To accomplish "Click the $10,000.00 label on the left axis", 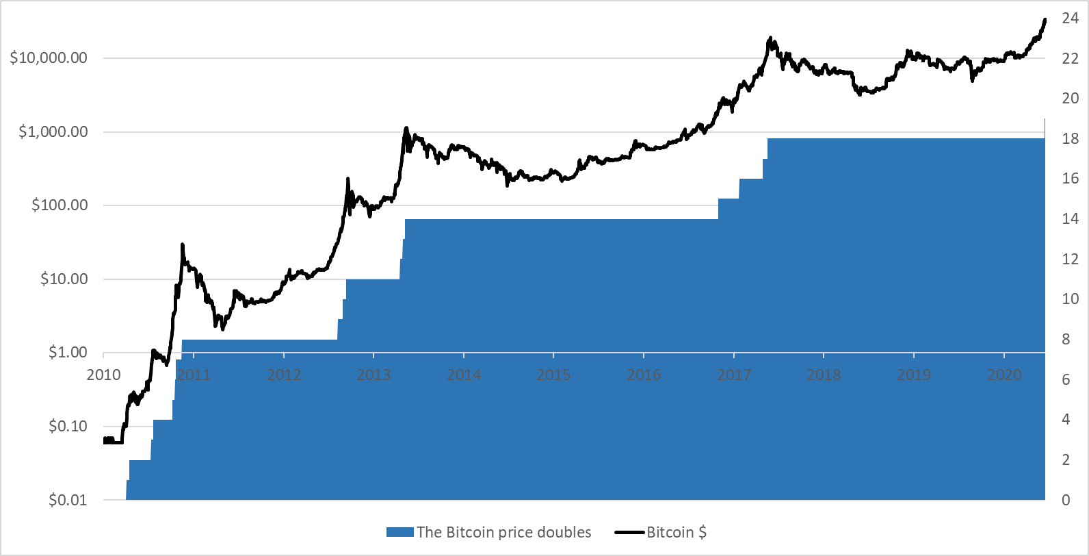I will [x=49, y=58].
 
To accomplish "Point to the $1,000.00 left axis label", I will [x=53, y=131].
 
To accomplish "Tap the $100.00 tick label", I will [x=60, y=205].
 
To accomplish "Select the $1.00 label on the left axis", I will [x=68, y=353].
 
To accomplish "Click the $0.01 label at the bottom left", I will [x=68, y=501].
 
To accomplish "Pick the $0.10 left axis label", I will [x=68, y=427].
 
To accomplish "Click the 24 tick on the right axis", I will [x=1070, y=18].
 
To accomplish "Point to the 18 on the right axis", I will [x=1070, y=139].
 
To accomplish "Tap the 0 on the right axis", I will [x=1065, y=501].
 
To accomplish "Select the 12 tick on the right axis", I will [x=1070, y=260].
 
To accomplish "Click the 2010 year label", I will [x=104, y=375].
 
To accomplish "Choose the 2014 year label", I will [x=464, y=375].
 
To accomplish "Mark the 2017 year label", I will [x=734, y=375].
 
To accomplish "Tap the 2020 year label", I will [x=1003, y=375].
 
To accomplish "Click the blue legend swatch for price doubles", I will [x=399, y=533].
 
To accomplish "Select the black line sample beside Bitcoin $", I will [x=629, y=533].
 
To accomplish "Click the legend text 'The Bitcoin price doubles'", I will [x=503, y=533].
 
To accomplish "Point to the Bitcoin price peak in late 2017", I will [x=770, y=38].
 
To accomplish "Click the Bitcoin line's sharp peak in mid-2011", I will [x=182, y=244].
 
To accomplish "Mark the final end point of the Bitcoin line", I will [x=1045, y=19].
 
